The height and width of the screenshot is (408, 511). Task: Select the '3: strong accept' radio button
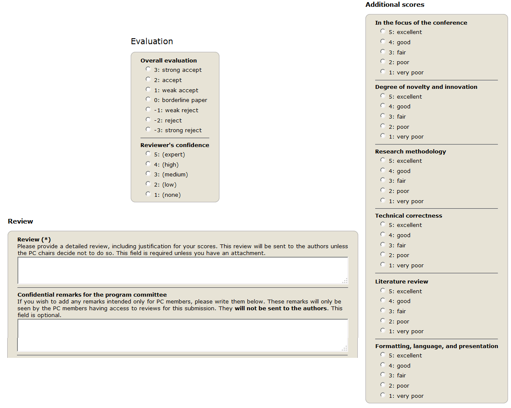point(148,69)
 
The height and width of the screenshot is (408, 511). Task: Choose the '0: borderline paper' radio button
point(148,99)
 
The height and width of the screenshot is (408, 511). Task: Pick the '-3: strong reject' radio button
point(148,129)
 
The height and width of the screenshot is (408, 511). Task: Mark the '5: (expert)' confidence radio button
point(148,153)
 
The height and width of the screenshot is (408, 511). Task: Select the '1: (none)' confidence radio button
point(148,194)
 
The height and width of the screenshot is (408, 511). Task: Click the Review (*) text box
point(182,270)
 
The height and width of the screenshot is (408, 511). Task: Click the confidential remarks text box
point(182,335)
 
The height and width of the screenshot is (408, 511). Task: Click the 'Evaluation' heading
point(152,41)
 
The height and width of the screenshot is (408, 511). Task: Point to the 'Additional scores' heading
point(395,5)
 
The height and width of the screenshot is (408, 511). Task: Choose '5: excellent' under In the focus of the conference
point(383,31)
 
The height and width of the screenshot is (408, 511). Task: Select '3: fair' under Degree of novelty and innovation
point(383,116)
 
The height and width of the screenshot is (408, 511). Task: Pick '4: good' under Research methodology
point(383,170)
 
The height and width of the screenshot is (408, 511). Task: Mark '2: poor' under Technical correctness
point(383,254)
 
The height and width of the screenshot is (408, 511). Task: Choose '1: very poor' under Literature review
point(383,330)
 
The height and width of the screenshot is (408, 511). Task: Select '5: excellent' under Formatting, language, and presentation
point(383,354)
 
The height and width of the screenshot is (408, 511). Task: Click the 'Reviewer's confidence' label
point(175,145)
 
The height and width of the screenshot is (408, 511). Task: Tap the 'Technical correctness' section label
point(409,215)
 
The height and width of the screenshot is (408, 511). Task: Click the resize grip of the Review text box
point(345,280)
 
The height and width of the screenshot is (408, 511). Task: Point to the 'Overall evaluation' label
point(168,60)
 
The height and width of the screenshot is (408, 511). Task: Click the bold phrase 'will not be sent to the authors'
point(281,309)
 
